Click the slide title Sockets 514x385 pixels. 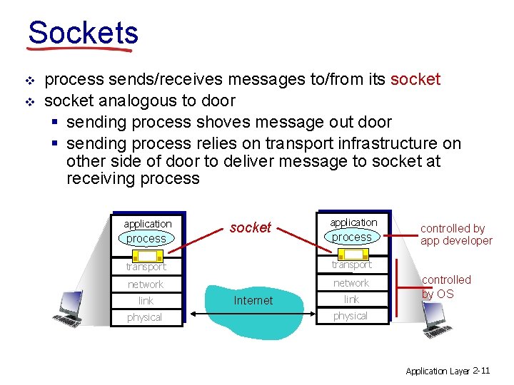click(83, 33)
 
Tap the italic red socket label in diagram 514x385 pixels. click(250, 227)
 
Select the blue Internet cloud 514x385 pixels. click(253, 300)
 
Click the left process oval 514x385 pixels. click(146, 239)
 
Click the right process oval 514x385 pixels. click(352, 237)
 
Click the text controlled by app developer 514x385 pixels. click(456, 235)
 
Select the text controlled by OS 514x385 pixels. click(446, 287)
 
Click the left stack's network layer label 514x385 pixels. click(146, 284)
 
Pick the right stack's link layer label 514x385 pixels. click(351, 299)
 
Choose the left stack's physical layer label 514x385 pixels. click(145, 317)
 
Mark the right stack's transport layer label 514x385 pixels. click(351, 265)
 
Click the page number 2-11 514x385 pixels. click(481, 370)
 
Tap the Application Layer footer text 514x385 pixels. click(437, 371)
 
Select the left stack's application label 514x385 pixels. click(147, 224)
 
